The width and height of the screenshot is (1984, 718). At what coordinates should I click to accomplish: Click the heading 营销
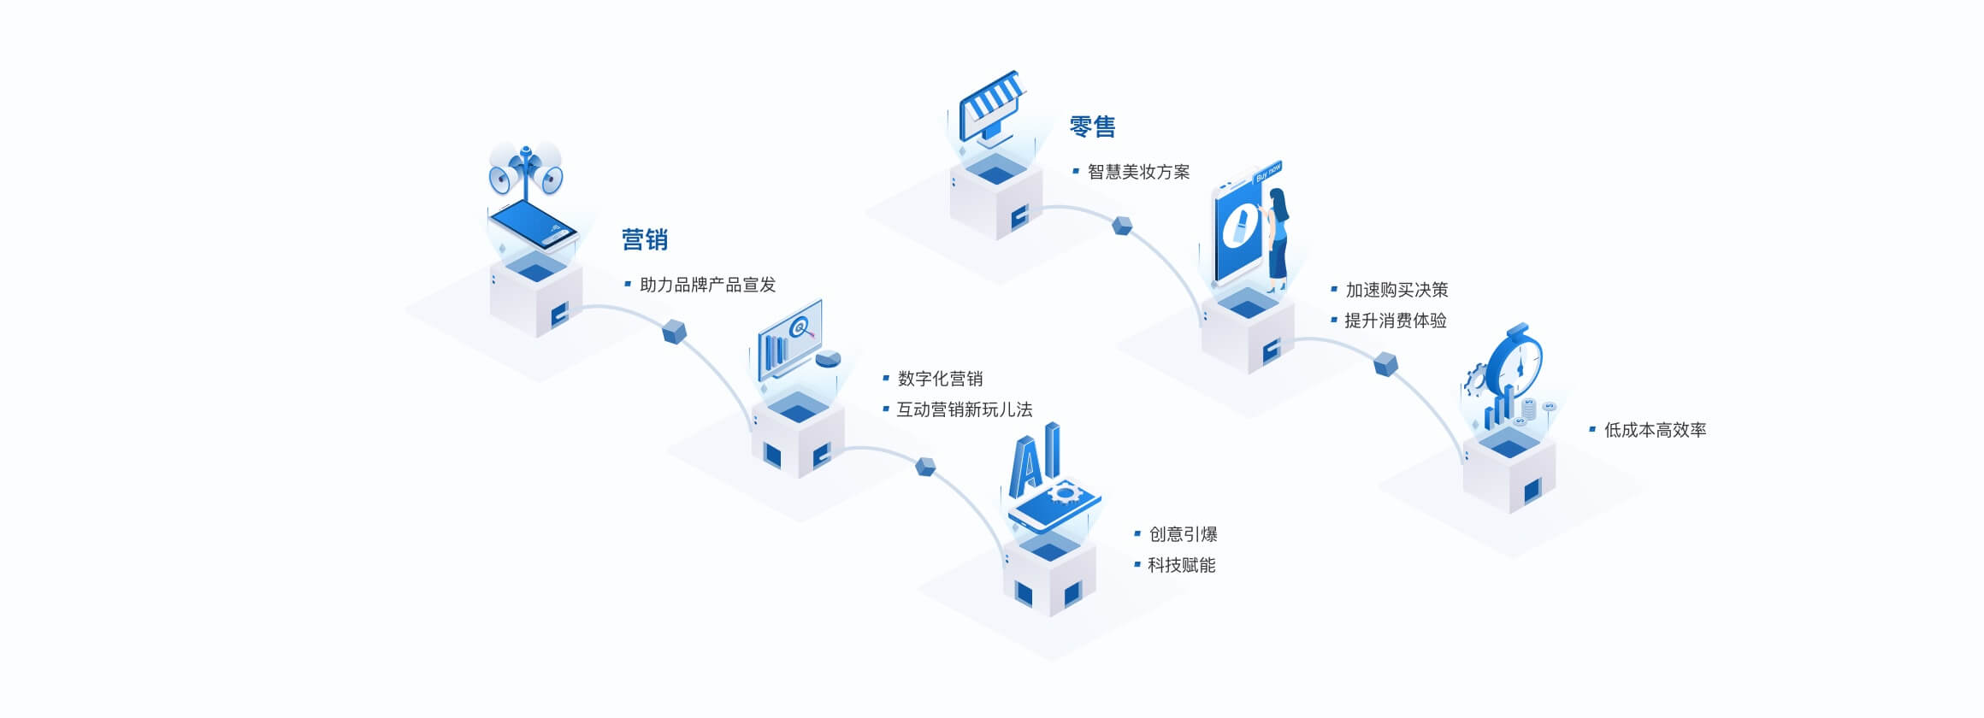644,240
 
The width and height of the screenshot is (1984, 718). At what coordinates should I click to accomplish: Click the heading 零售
1092,127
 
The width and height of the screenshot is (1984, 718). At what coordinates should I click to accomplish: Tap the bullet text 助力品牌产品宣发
707,285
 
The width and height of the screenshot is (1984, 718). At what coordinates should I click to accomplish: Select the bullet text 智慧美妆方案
1138,173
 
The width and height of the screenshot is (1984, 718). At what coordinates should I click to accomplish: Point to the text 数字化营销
940,380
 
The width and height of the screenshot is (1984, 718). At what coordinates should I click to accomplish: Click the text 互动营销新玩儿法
964,410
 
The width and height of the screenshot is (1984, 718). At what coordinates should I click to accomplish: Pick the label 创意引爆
1183,535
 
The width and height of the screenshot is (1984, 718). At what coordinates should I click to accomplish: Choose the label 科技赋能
1181,566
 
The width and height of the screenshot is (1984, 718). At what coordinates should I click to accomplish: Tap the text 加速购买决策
1396,291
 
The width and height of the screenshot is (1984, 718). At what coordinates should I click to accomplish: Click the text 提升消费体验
1395,321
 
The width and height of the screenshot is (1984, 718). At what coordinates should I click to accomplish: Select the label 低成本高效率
1655,431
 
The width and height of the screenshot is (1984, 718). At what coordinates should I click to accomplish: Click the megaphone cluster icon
526,168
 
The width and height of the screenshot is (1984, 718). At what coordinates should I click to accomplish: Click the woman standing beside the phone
1278,239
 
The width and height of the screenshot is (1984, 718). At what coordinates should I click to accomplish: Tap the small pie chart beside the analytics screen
828,358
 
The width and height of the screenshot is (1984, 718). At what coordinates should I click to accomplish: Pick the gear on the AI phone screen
1064,493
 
